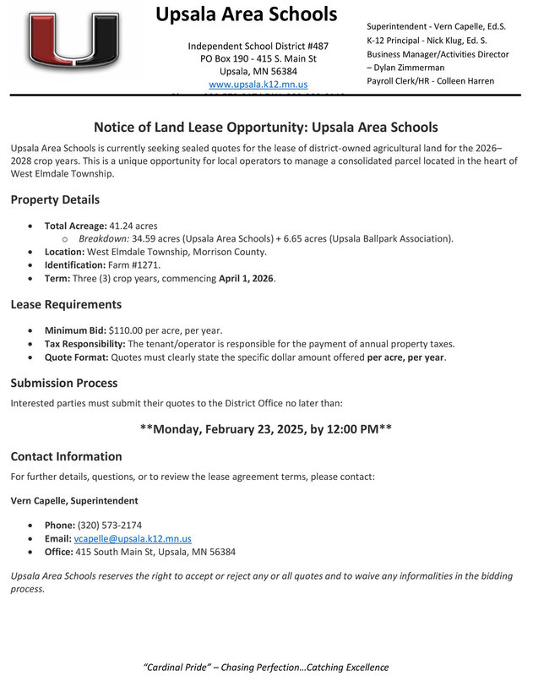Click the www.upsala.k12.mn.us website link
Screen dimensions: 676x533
pos(258,85)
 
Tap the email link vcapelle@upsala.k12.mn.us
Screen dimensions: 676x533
pos(139,538)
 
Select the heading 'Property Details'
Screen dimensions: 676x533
pos(55,200)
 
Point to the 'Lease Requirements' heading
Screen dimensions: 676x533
pos(66,304)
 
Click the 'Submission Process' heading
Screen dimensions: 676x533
pos(64,383)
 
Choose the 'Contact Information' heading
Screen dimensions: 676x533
pos(66,456)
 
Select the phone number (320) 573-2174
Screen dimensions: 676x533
pos(111,525)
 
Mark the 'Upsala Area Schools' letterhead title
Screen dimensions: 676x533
pos(247,14)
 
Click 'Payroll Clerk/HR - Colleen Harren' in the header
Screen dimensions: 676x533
pos(430,81)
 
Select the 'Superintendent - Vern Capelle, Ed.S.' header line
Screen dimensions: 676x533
pos(436,27)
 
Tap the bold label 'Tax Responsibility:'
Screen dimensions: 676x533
pos(84,343)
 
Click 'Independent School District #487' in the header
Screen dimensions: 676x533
pos(258,46)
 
